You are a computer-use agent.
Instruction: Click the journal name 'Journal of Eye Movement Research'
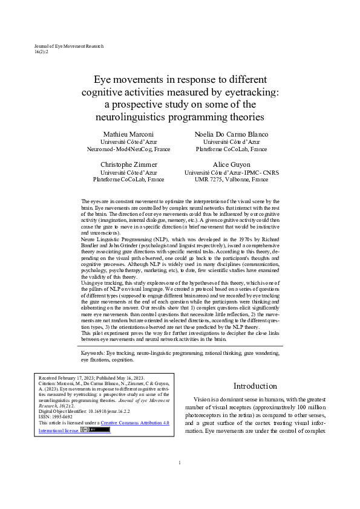coord(69,46)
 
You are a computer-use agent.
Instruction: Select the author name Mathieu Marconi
coord(128,134)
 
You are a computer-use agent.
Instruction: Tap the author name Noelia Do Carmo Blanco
coord(231,134)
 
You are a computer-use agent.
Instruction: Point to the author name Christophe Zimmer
coord(128,164)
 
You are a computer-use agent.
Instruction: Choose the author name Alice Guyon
coord(231,164)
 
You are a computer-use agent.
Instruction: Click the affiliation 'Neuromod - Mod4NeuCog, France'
coord(128,149)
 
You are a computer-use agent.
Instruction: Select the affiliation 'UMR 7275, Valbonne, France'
coord(231,180)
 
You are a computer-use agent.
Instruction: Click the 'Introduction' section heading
coord(255,386)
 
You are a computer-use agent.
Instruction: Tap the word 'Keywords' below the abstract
coord(93,352)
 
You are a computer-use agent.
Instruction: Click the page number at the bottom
coord(180,480)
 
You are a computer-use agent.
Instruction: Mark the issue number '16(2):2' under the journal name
coord(42,52)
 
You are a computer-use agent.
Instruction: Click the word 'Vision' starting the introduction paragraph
coord(203,400)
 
